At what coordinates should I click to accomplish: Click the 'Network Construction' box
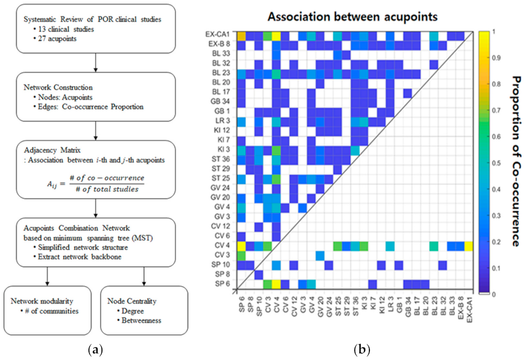(96, 96)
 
